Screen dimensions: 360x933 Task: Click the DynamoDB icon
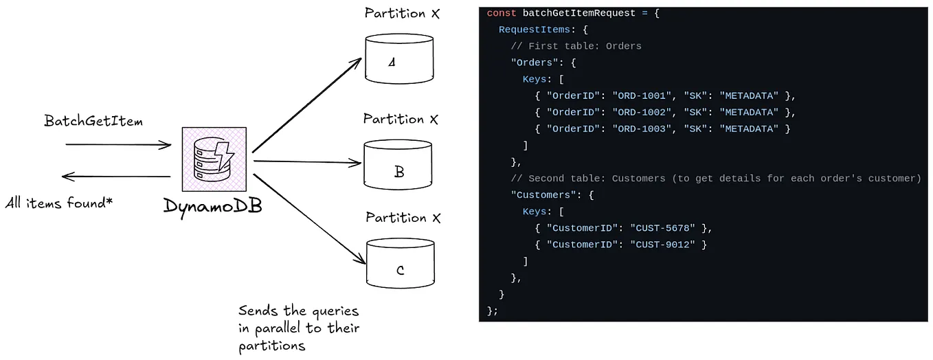(x=214, y=159)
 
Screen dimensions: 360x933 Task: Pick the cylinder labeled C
(x=401, y=263)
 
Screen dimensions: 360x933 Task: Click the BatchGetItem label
(x=94, y=121)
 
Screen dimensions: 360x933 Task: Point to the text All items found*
(x=59, y=203)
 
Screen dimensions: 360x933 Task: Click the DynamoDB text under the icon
(x=213, y=205)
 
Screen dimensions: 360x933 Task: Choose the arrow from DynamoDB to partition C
(x=309, y=214)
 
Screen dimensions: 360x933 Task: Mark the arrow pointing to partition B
(x=307, y=163)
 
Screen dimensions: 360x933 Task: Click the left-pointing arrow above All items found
(x=116, y=177)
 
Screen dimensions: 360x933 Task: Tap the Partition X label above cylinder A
(x=402, y=13)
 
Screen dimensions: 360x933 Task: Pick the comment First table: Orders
(x=584, y=46)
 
